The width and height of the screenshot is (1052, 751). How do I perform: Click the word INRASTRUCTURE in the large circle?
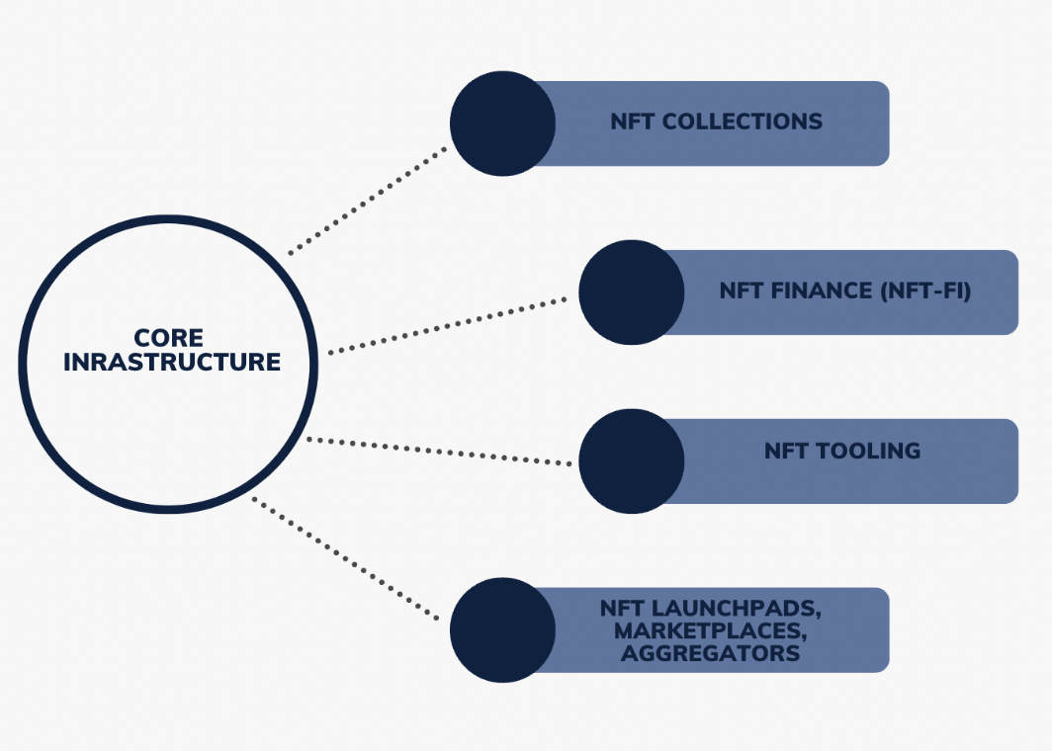[x=172, y=363]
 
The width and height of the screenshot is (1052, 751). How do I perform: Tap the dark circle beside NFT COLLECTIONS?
[x=502, y=124]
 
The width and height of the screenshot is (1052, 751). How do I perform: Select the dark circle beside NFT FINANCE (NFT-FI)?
[x=631, y=292]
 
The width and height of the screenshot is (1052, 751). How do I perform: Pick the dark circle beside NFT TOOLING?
[x=631, y=460]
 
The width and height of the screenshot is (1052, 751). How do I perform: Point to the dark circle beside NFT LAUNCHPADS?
[x=502, y=629]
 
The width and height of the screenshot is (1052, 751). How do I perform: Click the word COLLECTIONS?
[x=743, y=123]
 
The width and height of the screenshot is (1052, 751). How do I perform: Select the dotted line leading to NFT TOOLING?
[x=440, y=451]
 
